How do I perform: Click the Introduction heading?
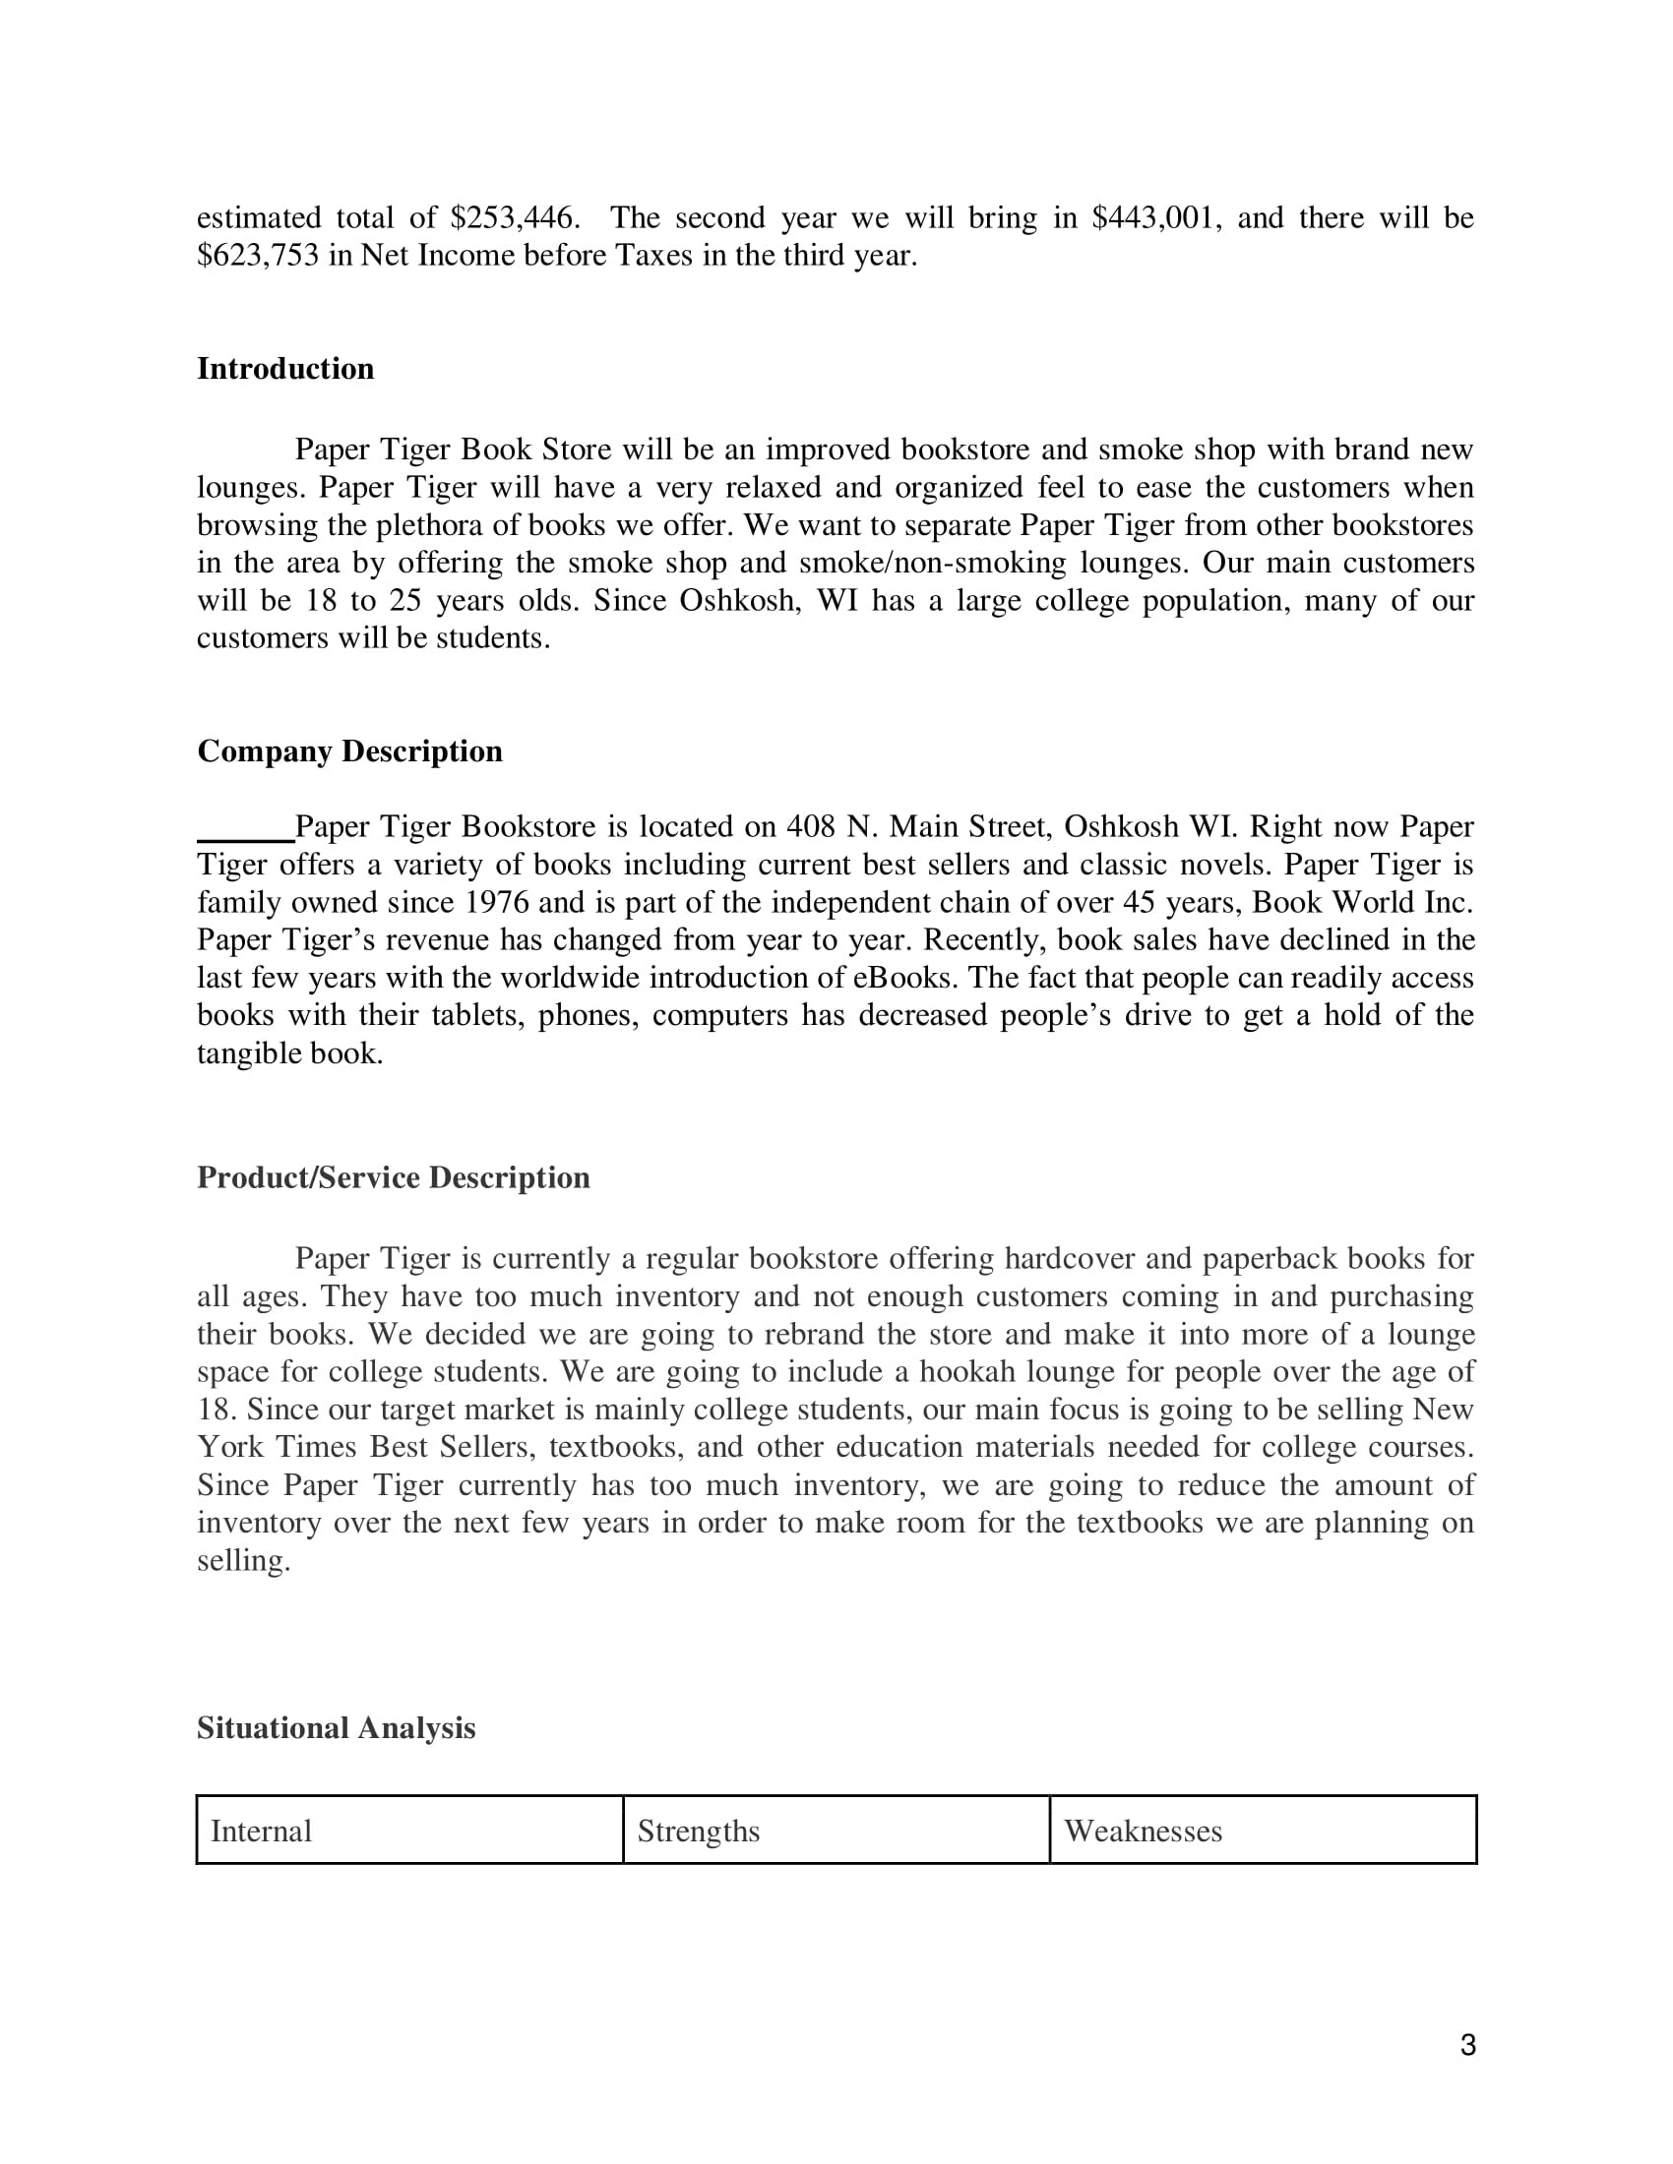285,369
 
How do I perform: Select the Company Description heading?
350,751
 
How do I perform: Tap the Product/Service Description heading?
394,1177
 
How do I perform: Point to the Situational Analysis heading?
336,1728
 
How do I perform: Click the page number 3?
1468,2045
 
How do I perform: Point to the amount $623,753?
258,256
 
